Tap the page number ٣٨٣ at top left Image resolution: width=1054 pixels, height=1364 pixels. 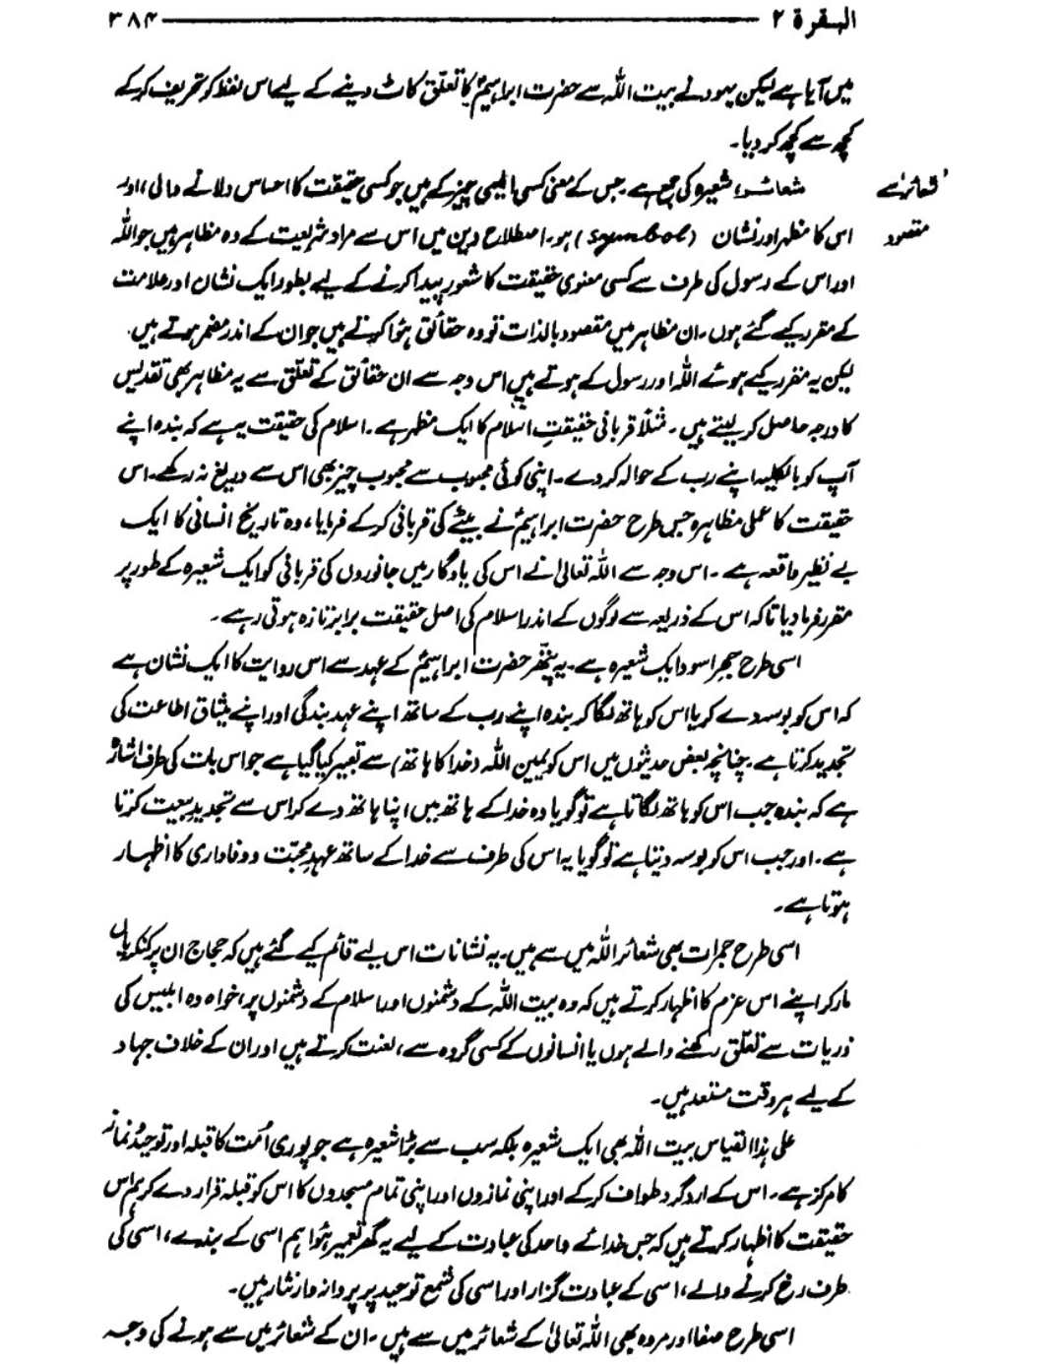[125, 21]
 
